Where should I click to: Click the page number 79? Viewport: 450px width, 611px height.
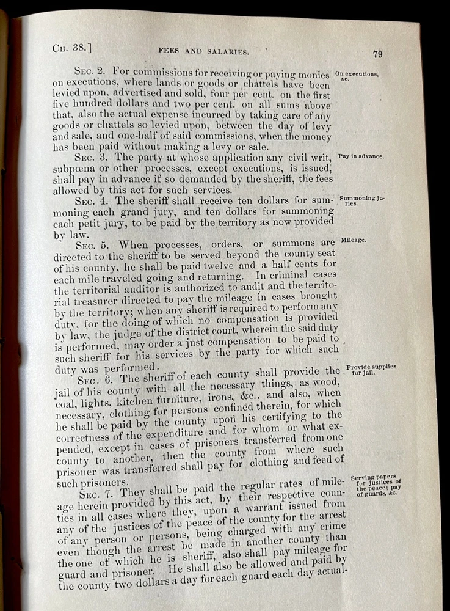[x=378, y=54]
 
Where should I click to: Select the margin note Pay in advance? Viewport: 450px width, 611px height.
[x=361, y=156]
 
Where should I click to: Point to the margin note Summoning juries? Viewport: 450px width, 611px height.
[x=361, y=200]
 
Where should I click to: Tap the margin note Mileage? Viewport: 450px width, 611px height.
[x=354, y=240]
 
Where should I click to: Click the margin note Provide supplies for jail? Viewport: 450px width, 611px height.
[x=371, y=370]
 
